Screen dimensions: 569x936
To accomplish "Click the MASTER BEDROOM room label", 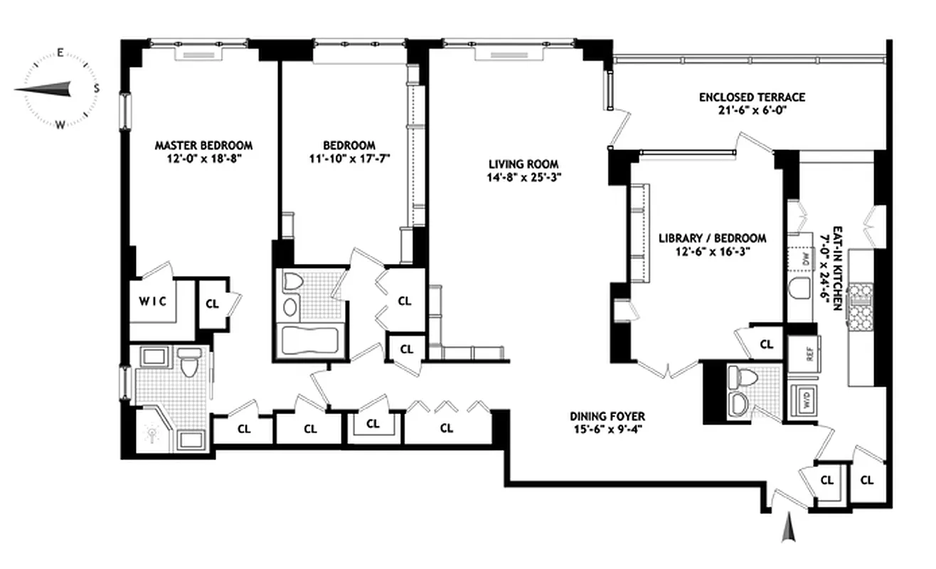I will pos(204,145).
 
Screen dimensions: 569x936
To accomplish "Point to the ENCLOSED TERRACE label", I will pos(752,97).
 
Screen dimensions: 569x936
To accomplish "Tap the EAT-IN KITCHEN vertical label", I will pos(838,267).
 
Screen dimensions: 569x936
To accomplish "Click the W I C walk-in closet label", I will pos(153,301).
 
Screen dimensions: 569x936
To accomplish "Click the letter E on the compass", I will pos(61,53).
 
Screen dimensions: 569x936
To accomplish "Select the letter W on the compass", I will pos(61,124).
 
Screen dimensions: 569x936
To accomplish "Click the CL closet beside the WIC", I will pos(213,302).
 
